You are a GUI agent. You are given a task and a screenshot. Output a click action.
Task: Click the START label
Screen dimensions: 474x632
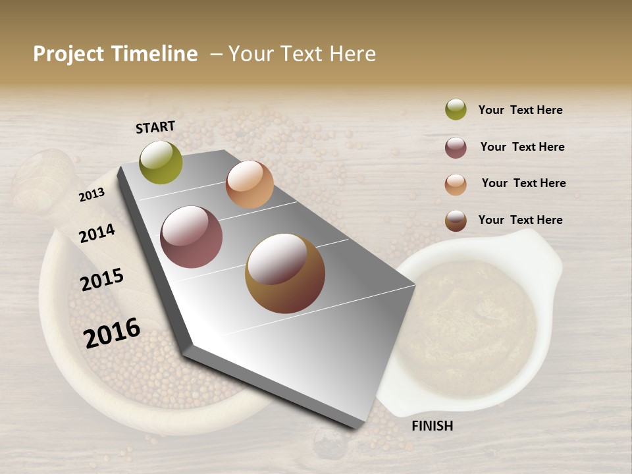[155, 127]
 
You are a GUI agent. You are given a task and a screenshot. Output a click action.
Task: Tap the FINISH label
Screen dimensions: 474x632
[432, 426]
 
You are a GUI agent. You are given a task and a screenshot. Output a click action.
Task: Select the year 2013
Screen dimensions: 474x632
[92, 194]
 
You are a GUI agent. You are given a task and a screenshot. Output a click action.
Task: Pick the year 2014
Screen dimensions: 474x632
[97, 233]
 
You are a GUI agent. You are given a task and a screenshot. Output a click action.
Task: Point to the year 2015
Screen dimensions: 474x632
[102, 280]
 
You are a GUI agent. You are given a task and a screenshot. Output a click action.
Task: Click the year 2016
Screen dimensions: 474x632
[112, 332]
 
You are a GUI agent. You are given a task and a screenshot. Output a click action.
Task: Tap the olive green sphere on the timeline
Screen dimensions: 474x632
[161, 163]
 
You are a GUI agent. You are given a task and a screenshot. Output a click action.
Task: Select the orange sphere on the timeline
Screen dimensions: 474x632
[250, 184]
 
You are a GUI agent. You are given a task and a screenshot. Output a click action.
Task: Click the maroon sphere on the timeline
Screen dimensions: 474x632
[192, 237]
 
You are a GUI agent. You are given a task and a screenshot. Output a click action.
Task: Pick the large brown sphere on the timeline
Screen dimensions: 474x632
[285, 273]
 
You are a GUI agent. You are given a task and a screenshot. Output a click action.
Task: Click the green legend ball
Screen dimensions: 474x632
[456, 109]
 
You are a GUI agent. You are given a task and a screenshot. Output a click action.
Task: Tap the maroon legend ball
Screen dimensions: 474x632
[456, 147]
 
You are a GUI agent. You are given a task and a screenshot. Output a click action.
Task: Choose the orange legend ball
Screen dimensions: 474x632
[456, 184]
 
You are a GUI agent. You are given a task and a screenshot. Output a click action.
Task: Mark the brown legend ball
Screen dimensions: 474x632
[456, 221]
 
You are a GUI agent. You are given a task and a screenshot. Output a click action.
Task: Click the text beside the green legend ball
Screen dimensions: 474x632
[520, 110]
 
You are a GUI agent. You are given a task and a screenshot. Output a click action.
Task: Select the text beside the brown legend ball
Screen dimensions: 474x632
[520, 220]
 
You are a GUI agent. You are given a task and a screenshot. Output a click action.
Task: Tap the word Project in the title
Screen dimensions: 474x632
[68, 54]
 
